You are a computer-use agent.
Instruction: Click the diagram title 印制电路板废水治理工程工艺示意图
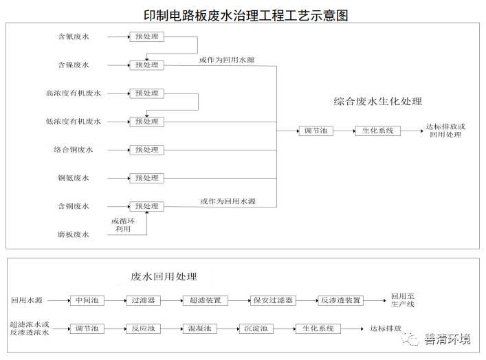[x=245, y=14]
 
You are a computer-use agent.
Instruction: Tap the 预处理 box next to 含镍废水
[x=147, y=65]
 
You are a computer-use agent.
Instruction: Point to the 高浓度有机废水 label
[x=73, y=93]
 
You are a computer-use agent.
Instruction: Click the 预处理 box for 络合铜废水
[x=147, y=150]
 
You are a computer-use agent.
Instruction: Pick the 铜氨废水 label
[x=73, y=178]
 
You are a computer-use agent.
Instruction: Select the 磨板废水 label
[x=73, y=234]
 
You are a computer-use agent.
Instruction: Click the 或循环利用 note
[x=123, y=225]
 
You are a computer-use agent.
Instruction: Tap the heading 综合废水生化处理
[x=378, y=102]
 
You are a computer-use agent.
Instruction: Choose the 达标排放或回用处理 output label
[x=445, y=131]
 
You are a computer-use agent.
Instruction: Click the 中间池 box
[x=87, y=300]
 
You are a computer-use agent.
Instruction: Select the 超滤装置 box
[x=204, y=300]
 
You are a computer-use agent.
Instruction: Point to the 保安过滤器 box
[x=273, y=300]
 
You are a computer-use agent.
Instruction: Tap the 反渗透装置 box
[x=340, y=300]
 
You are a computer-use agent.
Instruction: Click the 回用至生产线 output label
[x=403, y=300]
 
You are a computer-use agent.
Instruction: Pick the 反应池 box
[x=143, y=328]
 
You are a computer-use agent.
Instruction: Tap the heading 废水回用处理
[x=164, y=277]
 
